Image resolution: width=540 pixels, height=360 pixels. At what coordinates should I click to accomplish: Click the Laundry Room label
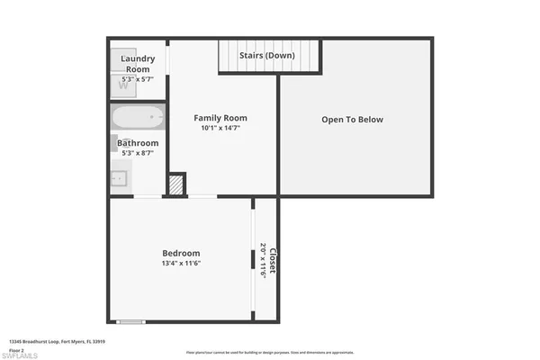point(138,62)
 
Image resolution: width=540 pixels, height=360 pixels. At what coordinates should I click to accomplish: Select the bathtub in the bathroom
point(138,117)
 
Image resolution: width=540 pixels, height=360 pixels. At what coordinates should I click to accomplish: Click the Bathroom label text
point(138,143)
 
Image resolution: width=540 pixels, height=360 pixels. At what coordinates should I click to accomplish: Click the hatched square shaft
point(175,184)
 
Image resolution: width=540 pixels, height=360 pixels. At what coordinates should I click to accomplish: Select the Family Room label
point(220,118)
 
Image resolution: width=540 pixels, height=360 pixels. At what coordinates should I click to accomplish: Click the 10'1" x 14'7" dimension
point(220,129)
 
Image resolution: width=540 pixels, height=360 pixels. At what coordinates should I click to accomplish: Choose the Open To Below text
point(353,120)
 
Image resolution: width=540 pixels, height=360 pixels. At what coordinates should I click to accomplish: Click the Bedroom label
point(181,253)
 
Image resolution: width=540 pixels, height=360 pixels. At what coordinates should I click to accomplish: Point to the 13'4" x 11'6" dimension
point(181,264)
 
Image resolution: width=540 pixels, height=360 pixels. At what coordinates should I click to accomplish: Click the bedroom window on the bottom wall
point(131,321)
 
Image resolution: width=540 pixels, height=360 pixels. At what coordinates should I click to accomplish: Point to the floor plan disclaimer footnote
point(269,352)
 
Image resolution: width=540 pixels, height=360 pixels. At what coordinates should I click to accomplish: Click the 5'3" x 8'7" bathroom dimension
point(138,153)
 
